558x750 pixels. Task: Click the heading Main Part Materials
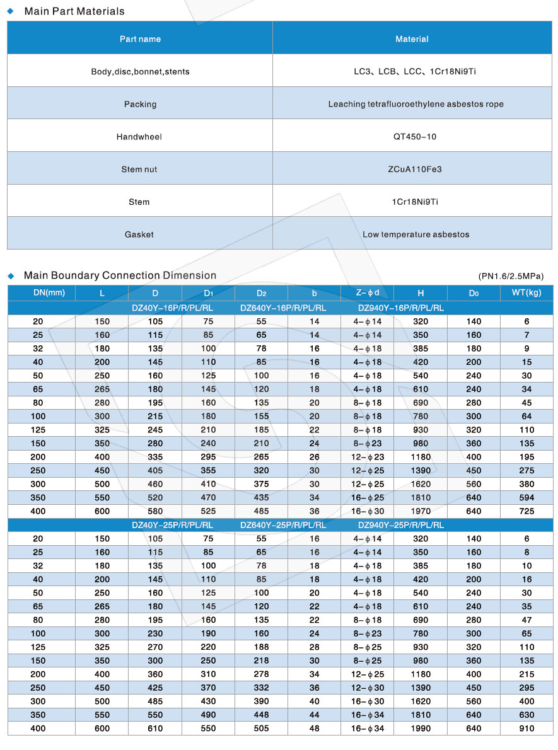pos(74,11)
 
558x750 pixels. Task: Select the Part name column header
pos(140,39)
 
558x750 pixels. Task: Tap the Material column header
pos(412,39)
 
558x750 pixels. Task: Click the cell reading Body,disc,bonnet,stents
pos(140,72)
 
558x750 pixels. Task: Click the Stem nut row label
pos(140,170)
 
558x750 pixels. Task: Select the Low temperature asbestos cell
pos(416,234)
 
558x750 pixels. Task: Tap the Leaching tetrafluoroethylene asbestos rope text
pos(416,104)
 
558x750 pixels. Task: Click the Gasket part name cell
pos(140,234)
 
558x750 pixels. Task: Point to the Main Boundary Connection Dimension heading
pos(120,275)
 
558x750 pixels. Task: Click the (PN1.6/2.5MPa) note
pos(511,276)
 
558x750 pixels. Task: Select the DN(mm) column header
pos(49,293)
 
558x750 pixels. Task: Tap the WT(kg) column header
pos(526,293)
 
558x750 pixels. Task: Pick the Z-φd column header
pos(367,293)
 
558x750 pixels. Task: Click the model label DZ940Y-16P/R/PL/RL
pos(400,308)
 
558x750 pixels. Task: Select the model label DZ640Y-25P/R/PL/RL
pos(283,525)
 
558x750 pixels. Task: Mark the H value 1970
pos(421,511)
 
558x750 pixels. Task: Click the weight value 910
pos(526,729)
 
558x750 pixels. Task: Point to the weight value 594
pos(526,497)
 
